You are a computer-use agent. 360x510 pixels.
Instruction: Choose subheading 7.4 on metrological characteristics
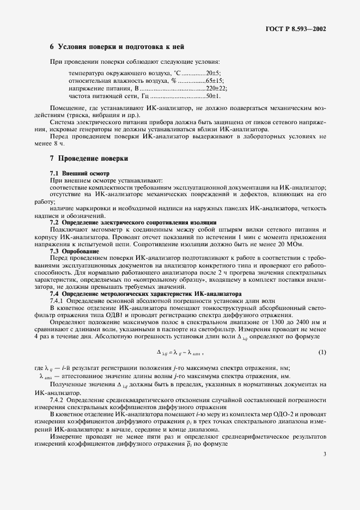point(135,293)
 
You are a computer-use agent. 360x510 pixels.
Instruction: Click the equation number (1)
point(322,352)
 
